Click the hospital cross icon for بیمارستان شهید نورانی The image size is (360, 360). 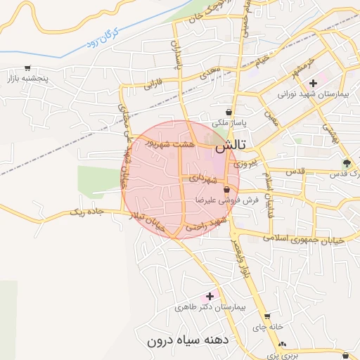[313, 83]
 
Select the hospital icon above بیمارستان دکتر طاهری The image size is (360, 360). [209, 297]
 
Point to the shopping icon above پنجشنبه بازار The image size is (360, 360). [27, 68]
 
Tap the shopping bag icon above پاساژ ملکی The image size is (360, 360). [229, 112]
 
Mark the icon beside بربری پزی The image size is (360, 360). [282, 344]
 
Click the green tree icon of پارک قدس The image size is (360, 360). [345, 163]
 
